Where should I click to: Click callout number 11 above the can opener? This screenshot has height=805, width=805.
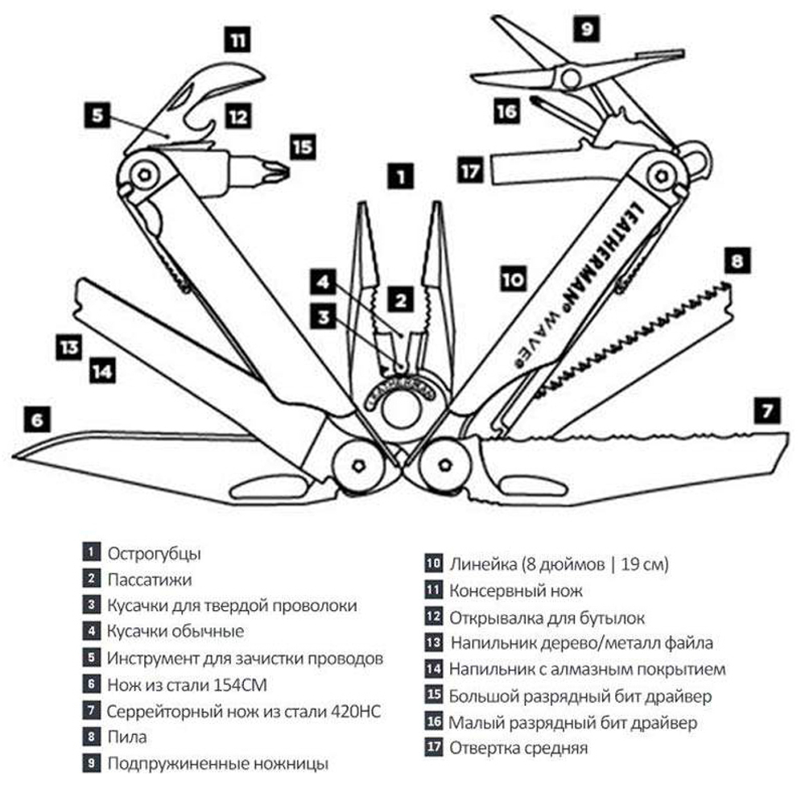pyautogui.click(x=239, y=38)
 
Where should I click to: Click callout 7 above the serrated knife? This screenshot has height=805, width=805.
pyautogui.click(x=765, y=411)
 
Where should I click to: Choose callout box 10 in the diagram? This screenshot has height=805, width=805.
pyautogui.click(x=513, y=279)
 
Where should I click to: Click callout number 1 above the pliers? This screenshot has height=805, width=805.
pyautogui.click(x=400, y=175)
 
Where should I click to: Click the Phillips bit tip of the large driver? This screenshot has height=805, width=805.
pyautogui.click(x=278, y=171)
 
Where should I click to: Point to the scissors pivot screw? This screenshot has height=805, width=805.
pyautogui.click(x=571, y=77)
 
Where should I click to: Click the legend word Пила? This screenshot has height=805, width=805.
pyautogui.click(x=127, y=736)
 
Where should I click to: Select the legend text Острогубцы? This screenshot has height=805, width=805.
pyautogui.click(x=155, y=554)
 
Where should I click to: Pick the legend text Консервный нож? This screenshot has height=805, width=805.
pyautogui.click(x=515, y=591)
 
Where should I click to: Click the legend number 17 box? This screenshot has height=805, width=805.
pyautogui.click(x=434, y=747)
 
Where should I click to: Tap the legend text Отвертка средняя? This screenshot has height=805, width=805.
pyautogui.click(x=518, y=748)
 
